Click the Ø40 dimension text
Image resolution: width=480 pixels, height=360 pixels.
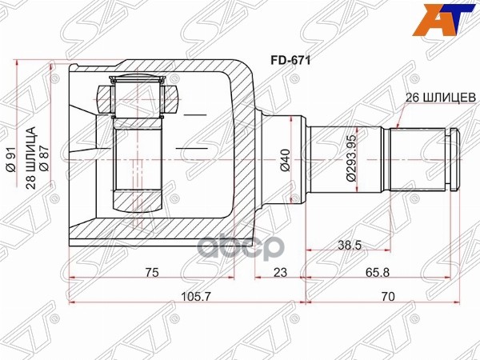pyautogui.click(x=285, y=162)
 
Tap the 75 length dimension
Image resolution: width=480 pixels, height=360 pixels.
pyautogui.click(x=151, y=273)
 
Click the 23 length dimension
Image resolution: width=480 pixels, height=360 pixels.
pyautogui.click(x=280, y=273)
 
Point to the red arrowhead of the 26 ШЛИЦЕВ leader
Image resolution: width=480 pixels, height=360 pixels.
pyautogui.click(x=398, y=126)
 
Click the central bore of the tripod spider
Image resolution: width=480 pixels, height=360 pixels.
pyautogui.click(x=140, y=152)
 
